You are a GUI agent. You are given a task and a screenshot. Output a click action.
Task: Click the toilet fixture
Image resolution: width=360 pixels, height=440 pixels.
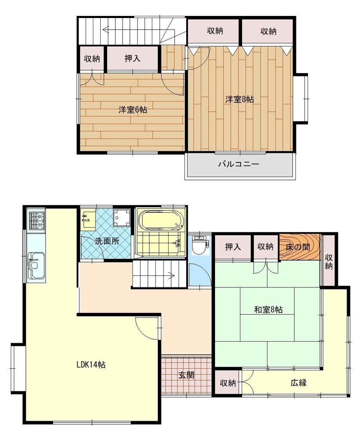pos(200,244)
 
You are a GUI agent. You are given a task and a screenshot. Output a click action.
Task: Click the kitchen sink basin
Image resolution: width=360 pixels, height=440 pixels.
pos(36,265)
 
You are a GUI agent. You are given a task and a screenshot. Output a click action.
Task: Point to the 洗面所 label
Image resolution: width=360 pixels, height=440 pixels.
pos(107,241)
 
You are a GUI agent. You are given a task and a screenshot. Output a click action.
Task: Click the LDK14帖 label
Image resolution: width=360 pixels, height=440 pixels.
pos(91,364)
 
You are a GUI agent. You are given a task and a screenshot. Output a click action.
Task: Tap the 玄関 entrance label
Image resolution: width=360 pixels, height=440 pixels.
pos(187,375)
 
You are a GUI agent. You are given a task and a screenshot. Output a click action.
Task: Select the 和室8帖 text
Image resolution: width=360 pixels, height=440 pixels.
pos(268,309)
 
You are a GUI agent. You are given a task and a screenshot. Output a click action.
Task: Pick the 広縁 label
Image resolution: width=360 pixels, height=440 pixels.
pos(298,382)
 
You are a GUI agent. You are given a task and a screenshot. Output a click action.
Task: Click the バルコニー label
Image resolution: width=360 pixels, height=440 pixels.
pos(239,164)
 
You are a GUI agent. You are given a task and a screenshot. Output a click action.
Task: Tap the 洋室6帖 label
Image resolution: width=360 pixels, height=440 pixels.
pos(132,110)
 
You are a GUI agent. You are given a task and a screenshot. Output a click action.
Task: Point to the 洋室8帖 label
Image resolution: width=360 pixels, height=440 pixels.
pos(240,99)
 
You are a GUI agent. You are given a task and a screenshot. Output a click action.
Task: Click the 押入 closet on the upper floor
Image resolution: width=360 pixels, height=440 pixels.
pos(132,58)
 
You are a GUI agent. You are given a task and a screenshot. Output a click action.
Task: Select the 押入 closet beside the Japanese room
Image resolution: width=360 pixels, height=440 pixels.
pos(233,247)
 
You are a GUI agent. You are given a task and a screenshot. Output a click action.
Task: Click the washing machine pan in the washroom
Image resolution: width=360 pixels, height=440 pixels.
pos(122,218)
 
